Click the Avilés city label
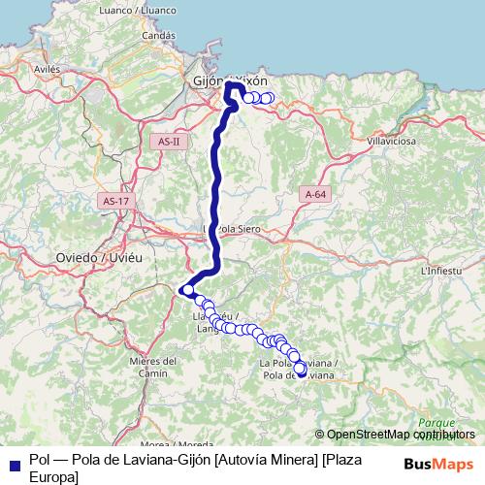(x=47, y=70)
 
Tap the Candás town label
(x=157, y=36)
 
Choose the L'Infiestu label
(x=442, y=272)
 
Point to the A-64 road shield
(x=315, y=194)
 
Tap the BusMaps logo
(x=437, y=464)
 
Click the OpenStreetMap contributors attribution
(x=400, y=435)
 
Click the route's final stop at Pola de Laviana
(x=301, y=370)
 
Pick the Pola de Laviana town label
(x=299, y=369)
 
